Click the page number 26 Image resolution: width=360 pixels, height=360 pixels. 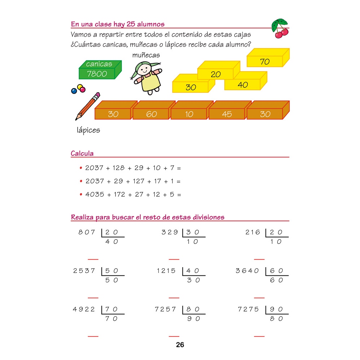(x=180, y=345)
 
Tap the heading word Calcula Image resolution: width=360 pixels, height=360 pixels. (x=82, y=154)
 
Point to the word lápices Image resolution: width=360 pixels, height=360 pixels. (x=88, y=130)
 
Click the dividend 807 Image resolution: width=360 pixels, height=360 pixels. (x=87, y=233)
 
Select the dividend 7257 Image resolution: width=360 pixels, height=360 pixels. (x=166, y=309)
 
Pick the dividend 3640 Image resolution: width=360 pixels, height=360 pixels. (x=247, y=271)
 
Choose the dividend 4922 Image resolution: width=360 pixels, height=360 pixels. (x=84, y=309)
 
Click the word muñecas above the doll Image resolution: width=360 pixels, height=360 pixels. (x=146, y=55)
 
